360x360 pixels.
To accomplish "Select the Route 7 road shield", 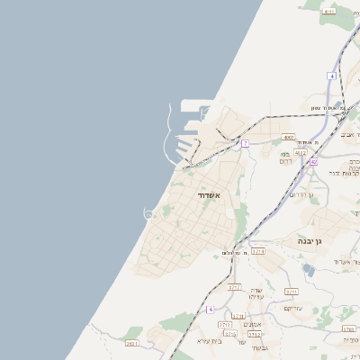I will pyautogui.click(x=245, y=143).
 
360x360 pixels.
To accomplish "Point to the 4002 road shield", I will pyautogui.click(x=288, y=138).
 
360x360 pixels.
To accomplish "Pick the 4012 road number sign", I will pyautogui.click(x=299, y=153).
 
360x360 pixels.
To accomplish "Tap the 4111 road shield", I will pyautogui.click(x=328, y=11).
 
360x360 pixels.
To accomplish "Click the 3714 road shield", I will pyautogui.click(x=258, y=251).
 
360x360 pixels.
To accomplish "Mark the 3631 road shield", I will pyautogui.click(x=132, y=343).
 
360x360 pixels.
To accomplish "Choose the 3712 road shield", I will pyautogui.click(x=229, y=334).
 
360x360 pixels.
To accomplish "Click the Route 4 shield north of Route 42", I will pyautogui.click(x=331, y=76).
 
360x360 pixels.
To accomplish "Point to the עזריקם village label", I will pyautogui.click(x=292, y=308).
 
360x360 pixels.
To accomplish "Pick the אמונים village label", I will pyautogui.click(x=251, y=325).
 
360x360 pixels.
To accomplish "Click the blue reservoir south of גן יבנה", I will pyautogui.click(x=310, y=269).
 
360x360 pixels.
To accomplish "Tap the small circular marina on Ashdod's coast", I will pyautogui.click(x=149, y=212).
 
